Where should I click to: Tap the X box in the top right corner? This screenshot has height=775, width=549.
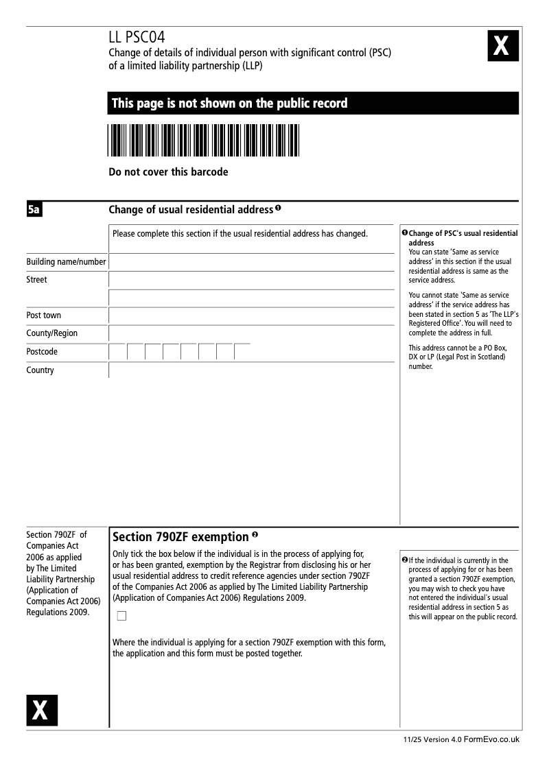502,47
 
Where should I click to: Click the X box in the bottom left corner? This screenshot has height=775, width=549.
42,710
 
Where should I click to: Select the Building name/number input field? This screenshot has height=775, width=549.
251,262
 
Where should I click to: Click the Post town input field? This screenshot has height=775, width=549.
251,315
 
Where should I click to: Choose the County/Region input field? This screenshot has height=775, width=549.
251,333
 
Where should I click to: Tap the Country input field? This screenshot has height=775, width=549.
251,370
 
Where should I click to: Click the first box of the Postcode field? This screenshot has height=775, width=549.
118,352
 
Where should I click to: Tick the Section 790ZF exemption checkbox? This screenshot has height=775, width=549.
122,616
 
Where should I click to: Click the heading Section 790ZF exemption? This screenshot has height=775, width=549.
180,536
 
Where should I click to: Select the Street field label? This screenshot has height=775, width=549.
37,280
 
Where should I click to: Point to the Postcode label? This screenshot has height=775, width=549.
42,352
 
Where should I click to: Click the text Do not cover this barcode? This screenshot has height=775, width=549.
168,172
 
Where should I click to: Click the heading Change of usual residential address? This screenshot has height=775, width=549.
191,209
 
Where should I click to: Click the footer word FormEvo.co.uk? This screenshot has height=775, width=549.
491,740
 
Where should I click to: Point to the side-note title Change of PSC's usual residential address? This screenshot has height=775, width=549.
463,238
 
